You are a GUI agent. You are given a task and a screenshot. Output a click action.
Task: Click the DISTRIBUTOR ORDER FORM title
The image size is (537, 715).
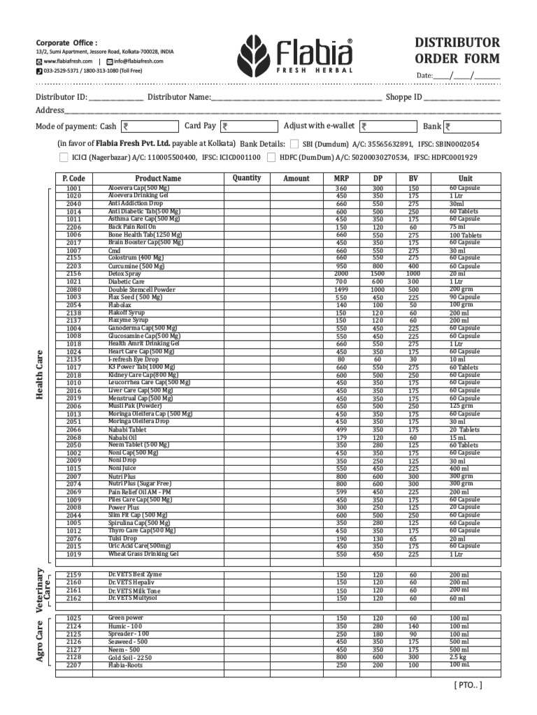click(x=457, y=50)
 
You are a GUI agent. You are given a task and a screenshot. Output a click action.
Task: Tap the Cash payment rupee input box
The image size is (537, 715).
click(x=150, y=127)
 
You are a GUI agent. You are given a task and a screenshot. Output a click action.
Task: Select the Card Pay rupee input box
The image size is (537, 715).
click(x=248, y=126)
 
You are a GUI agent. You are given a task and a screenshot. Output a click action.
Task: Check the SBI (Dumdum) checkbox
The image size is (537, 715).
click(x=294, y=144)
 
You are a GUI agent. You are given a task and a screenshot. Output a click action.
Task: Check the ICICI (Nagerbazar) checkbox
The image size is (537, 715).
click(x=64, y=158)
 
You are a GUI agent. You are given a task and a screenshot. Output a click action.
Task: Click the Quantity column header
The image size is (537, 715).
click(x=247, y=179)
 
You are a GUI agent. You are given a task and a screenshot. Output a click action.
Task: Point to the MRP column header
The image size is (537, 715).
click(x=341, y=179)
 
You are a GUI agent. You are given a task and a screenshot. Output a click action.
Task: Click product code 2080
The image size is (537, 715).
click(x=74, y=290)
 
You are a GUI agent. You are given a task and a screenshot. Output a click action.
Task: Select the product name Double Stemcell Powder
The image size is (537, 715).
click(x=142, y=290)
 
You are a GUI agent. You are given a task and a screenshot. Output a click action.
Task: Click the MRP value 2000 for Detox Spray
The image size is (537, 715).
click(x=341, y=274)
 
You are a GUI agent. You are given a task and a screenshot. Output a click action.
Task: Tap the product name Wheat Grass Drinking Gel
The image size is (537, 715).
click(x=143, y=554)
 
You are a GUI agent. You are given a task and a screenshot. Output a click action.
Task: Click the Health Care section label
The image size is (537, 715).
click(x=41, y=376)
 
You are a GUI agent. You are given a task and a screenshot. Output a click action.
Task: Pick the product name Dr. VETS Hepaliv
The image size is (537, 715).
click(x=131, y=582)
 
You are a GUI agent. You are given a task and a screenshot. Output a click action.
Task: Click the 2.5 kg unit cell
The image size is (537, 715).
click(x=459, y=658)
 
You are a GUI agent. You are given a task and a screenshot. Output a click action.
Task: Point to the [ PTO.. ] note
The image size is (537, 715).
click(x=467, y=685)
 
